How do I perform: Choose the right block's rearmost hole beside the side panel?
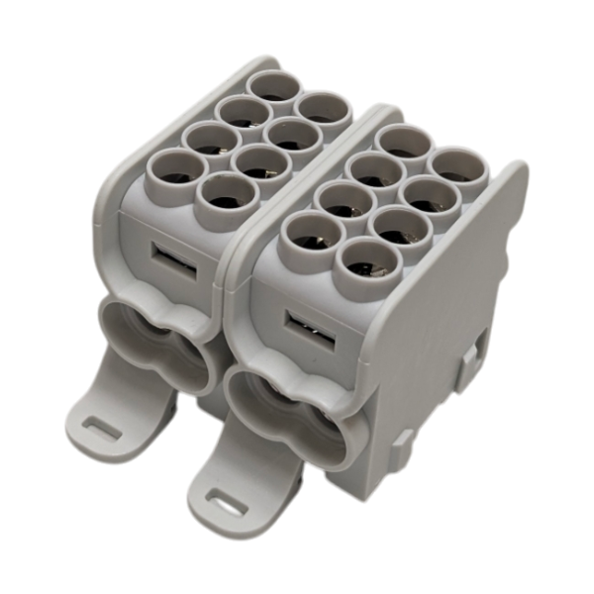457,167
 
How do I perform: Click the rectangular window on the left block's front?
164,258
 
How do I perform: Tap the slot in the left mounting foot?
100,427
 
